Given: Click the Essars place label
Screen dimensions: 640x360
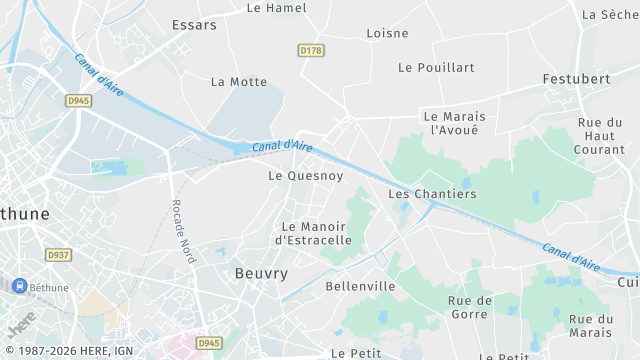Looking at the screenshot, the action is point(194,25).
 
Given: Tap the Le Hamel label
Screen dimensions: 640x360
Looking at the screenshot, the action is point(276,8).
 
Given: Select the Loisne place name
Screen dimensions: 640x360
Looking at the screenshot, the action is point(387,33).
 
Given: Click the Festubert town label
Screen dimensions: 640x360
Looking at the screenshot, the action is point(576,78).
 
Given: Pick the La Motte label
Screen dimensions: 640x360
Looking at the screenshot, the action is point(239,82).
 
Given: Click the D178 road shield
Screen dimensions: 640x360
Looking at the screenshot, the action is point(312,50).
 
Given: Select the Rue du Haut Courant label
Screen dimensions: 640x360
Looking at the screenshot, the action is point(600,136).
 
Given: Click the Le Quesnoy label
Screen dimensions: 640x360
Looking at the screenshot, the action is point(306,176).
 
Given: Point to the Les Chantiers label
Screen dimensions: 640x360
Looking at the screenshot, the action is point(432,194).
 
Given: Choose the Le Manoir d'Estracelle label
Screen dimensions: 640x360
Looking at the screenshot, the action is point(313,233).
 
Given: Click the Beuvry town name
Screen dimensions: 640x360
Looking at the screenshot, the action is point(261,273).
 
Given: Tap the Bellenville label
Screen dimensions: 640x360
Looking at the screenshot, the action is point(360,286).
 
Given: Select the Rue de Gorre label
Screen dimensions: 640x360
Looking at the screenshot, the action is point(470,307).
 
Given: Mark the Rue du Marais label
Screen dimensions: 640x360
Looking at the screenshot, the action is point(590,326).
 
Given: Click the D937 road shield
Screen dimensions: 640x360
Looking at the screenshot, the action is point(59,255).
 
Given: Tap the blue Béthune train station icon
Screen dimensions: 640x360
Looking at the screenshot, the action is point(18,286).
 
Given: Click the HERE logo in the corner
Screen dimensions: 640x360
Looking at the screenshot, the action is point(22,323).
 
